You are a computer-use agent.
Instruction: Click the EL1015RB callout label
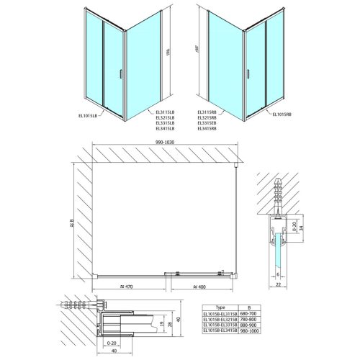pyautogui.click(x=284, y=112)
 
